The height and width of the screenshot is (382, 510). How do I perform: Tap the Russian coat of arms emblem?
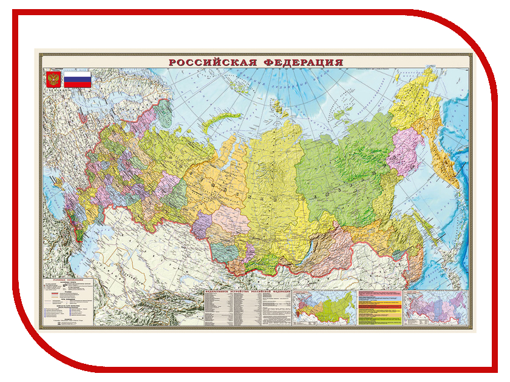[x=52, y=80]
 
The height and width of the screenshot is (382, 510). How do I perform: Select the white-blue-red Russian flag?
[x=78, y=79]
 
